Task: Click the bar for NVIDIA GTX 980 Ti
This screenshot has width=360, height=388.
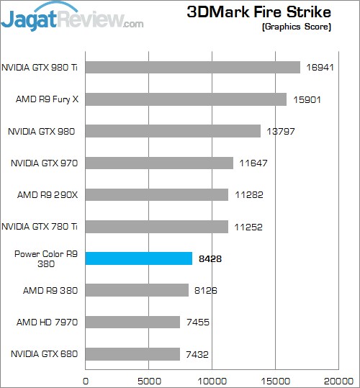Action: click(x=193, y=67)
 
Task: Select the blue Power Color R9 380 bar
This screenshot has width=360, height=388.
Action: click(x=139, y=258)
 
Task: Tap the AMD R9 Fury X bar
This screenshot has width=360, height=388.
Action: click(x=186, y=99)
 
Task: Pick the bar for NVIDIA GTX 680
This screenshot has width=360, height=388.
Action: click(x=132, y=353)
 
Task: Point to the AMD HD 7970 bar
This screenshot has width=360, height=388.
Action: click(x=132, y=322)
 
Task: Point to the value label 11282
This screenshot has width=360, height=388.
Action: click(x=248, y=195)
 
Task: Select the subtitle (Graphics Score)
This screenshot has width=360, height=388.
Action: click(x=296, y=27)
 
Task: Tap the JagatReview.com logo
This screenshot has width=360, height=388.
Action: click(x=72, y=18)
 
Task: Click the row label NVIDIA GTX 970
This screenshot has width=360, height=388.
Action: click(x=44, y=163)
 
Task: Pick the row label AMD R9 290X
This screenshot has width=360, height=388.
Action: click(x=47, y=195)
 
